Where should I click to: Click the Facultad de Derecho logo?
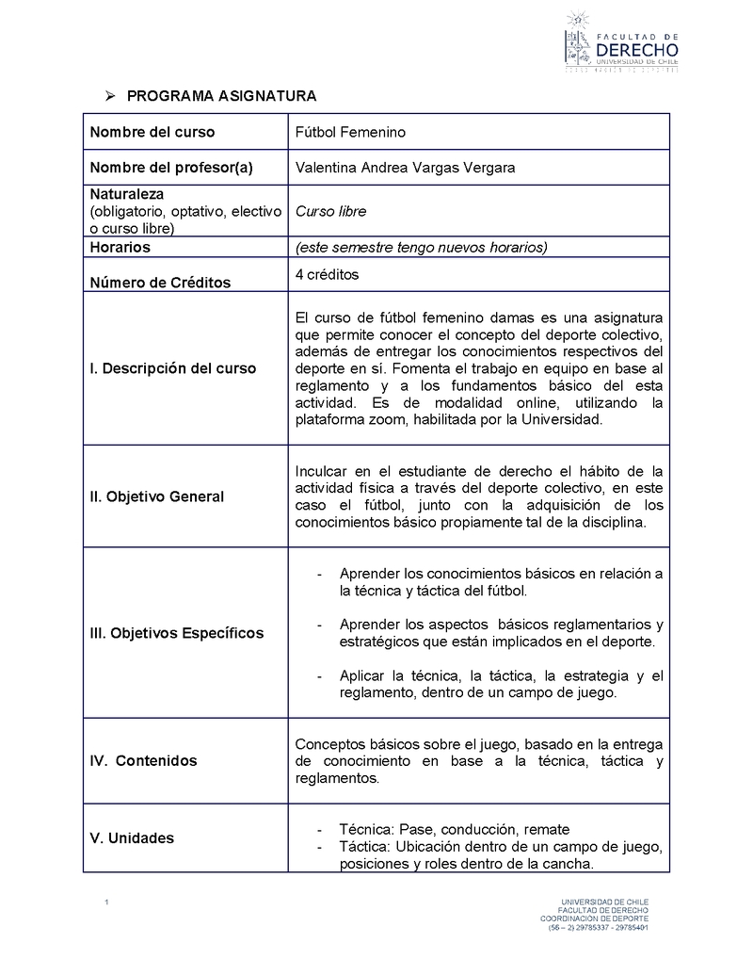point(620,42)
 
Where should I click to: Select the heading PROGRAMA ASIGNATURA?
point(221,96)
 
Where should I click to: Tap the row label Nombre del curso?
point(152,132)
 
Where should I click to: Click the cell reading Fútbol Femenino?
point(350,132)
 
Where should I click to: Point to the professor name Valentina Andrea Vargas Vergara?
point(406,168)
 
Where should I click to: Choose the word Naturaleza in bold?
point(127,194)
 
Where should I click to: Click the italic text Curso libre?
point(330,211)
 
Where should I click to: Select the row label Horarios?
point(120,247)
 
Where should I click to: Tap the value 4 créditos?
point(327,274)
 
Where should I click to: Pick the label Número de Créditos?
point(160,282)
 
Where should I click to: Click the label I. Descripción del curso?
point(172,368)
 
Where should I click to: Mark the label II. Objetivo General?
point(156,496)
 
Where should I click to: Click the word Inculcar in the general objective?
point(321,470)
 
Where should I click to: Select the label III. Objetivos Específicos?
point(176,633)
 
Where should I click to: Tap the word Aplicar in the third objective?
point(361,675)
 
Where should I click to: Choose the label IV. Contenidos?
point(143,760)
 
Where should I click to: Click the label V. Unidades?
point(132,837)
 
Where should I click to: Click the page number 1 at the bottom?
point(107,904)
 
